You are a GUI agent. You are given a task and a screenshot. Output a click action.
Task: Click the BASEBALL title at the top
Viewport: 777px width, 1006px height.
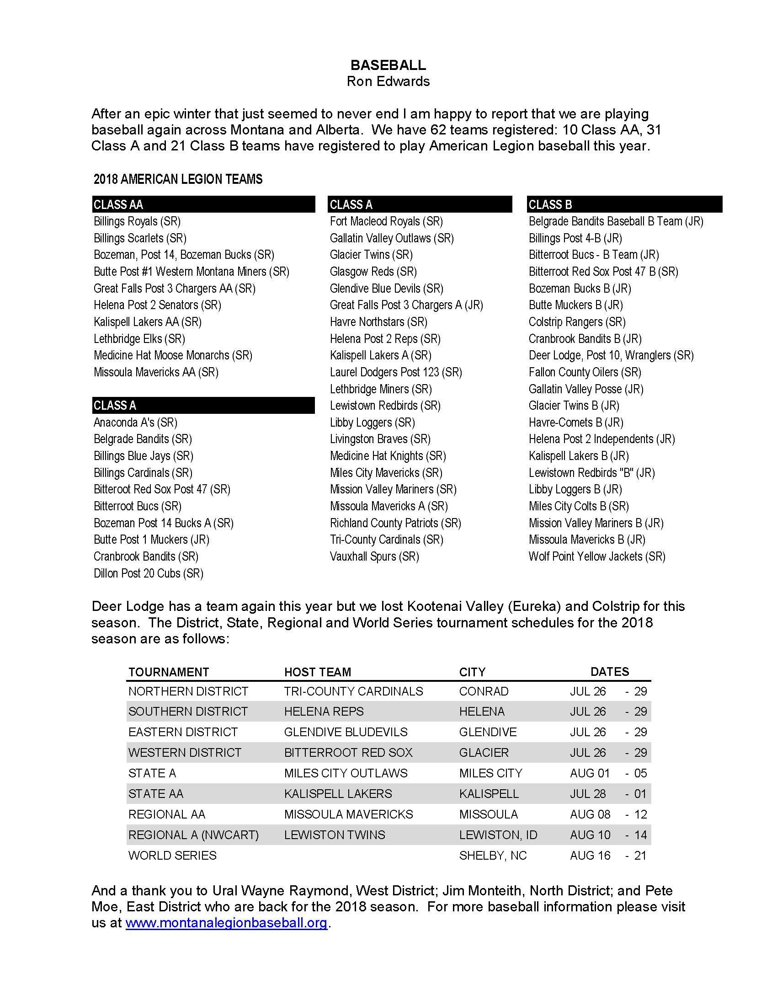click(388, 65)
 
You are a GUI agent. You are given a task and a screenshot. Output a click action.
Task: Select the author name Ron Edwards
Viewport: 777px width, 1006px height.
click(388, 81)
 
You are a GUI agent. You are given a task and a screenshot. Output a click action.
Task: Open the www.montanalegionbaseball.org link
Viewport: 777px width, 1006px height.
click(226, 923)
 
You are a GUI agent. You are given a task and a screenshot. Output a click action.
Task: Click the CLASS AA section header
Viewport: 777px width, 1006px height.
click(118, 204)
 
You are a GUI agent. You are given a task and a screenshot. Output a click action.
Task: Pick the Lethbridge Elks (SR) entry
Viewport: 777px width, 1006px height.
click(139, 339)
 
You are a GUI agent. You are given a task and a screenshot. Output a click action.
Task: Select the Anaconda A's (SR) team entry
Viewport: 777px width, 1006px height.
click(135, 423)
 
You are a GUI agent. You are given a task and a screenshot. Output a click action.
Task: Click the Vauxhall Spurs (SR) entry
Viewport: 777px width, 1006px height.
click(374, 557)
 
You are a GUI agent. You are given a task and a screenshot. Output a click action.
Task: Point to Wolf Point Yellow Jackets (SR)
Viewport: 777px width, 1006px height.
click(597, 557)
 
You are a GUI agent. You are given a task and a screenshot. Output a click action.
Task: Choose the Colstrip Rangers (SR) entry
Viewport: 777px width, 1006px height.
click(577, 322)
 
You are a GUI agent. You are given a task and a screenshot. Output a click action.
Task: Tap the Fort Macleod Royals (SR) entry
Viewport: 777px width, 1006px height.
click(386, 222)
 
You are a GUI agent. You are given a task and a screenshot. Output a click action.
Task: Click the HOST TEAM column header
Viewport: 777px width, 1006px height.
click(318, 672)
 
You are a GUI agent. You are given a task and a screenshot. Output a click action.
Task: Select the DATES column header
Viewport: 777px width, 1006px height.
click(609, 672)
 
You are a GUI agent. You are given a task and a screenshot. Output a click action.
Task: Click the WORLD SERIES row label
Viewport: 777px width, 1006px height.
click(172, 856)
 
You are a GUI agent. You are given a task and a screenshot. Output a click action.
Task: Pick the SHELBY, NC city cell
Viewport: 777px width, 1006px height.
click(493, 856)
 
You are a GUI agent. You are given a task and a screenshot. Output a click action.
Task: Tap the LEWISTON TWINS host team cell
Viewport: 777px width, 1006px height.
click(335, 835)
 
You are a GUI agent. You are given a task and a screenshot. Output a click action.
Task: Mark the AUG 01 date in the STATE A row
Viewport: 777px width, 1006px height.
click(590, 773)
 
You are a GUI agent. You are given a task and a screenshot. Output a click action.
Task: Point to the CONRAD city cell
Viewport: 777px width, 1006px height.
click(483, 691)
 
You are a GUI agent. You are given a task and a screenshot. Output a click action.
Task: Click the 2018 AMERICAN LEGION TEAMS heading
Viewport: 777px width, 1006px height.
click(178, 179)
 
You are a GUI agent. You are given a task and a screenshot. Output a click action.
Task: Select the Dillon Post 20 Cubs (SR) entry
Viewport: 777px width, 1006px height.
click(148, 573)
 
